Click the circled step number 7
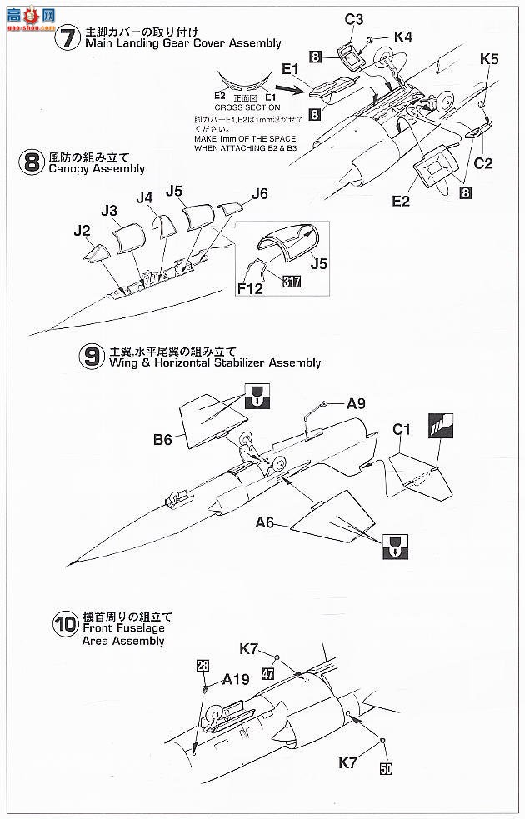pyautogui.click(x=65, y=37)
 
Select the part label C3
pyautogui.click(x=354, y=19)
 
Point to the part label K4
pyautogui.click(x=402, y=37)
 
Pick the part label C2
pyautogui.click(x=483, y=163)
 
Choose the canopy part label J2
pyautogui.click(x=81, y=229)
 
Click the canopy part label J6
pyautogui.click(x=259, y=194)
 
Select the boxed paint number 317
pyautogui.click(x=292, y=282)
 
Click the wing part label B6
pyautogui.click(x=162, y=439)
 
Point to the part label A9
pyautogui.click(x=356, y=404)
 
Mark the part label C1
pyautogui.click(x=402, y=430)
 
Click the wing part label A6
pyautogui.click(x=265, y=522)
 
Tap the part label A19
pyautogui.click(x=236, y=679)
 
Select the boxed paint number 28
pyautogui.click(x=203, y=667)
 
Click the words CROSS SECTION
pyautogui.click(x=247, y=107)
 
